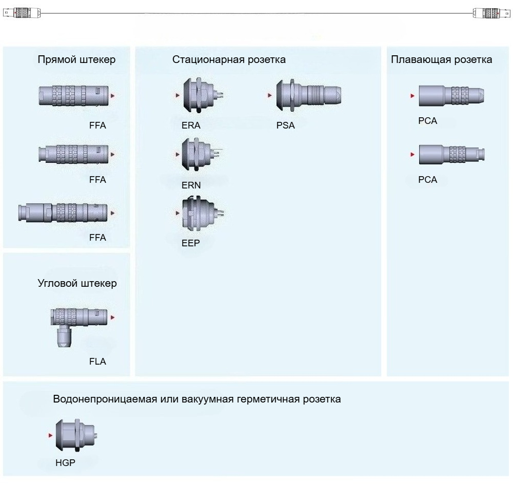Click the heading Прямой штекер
[x=76, y=59]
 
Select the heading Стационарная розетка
[x=229, y=59]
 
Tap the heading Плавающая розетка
[x=441, y=59]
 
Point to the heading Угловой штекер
[x=77, y=283]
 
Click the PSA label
[x=285, y=125]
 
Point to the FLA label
[x=97, y=362]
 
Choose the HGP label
[x=66, y=463]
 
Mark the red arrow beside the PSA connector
[x=269, y=95]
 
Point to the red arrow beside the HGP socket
[x=50, y=435]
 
